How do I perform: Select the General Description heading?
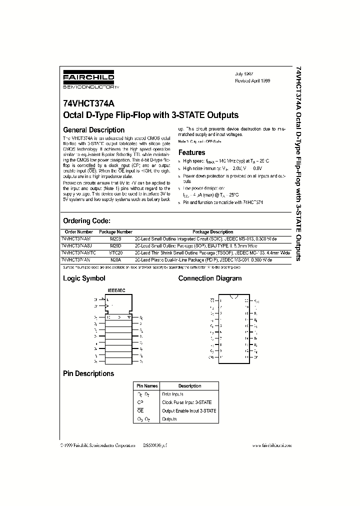pos(93,130)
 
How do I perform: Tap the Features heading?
pos(192,152)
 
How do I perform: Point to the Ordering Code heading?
pos(86,221)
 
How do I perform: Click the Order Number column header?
pos(78,232)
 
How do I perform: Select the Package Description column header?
pos(212,232)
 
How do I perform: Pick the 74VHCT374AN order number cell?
pos(76,260)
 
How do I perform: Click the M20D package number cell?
pos(115,246)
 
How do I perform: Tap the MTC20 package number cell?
pos(115,253)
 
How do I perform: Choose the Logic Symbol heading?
pos(83,278)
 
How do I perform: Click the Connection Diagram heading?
pos(210,278)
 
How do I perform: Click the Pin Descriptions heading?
pos(88,373)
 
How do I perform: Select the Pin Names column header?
pos(147,386)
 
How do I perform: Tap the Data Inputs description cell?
pos(173,394)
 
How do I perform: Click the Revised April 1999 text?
pos(252,80)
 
